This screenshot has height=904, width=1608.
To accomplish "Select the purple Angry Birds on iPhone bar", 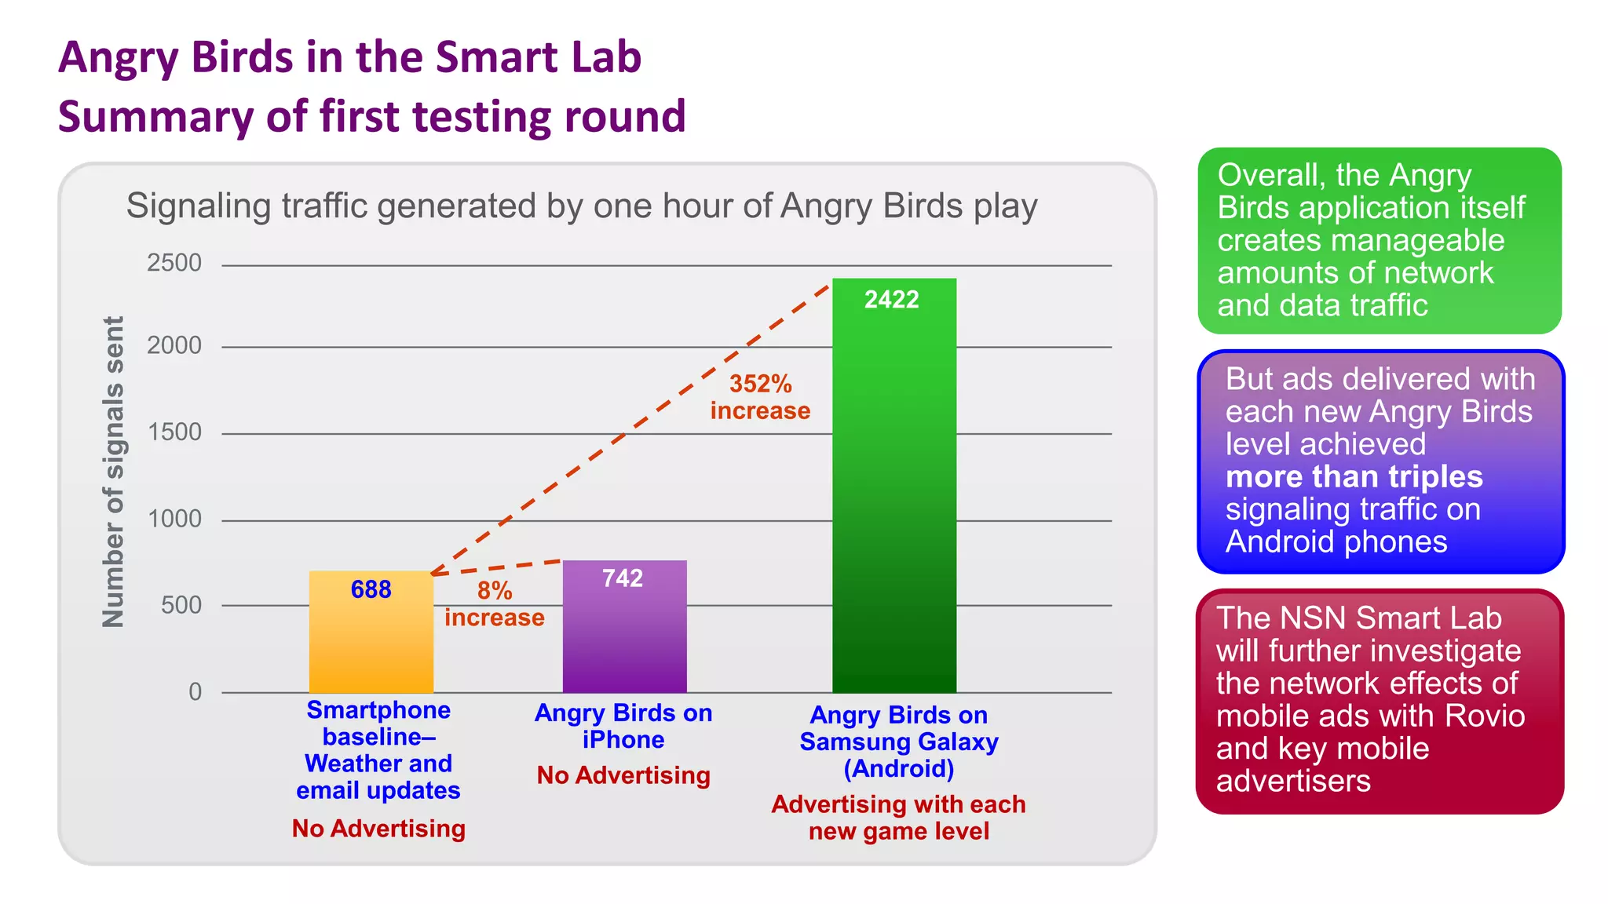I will (624, 636).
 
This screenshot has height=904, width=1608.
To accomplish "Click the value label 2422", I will (891, 300).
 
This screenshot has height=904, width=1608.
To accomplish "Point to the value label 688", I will (371, 589).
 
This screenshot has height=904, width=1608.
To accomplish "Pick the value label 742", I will (623, 578).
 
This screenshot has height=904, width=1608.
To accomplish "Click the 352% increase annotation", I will (760, 397).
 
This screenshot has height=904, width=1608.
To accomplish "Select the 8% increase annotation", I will (494, 604).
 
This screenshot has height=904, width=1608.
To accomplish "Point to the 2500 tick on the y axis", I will (174, 263).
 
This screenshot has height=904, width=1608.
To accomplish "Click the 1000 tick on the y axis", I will (174, 519).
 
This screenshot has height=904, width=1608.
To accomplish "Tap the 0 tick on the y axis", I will (195, 691).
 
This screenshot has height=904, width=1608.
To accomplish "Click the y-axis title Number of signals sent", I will (114, 472).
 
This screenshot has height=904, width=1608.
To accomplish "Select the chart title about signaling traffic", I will (582, 206).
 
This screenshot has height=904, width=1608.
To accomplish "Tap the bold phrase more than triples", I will (1354, 476).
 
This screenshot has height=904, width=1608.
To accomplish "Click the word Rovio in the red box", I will (1485, 716).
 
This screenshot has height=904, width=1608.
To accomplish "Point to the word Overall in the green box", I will (1269, 175).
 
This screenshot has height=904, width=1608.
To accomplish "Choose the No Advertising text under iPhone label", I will (623, 775).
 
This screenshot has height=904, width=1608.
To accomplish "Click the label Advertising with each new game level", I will (898, 818).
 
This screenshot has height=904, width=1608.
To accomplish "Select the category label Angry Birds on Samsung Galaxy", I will (898, 742).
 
